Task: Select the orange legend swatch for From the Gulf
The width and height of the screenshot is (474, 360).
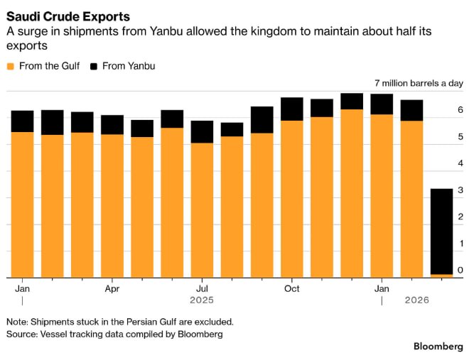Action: click(10, 67)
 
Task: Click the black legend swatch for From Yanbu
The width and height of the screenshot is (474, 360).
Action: click(94, 67)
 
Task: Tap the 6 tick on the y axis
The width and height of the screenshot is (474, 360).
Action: click(460, 111)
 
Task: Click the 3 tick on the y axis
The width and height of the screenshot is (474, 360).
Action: click(460, 190)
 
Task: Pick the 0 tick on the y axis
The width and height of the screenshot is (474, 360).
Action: click(460, 271)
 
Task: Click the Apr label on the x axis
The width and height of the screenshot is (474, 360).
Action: click(112, 289)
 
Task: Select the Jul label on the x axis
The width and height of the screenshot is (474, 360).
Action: click(202, 289)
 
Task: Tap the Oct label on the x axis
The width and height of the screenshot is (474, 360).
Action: click(291, 289)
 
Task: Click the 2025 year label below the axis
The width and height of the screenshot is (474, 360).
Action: click(202, 300)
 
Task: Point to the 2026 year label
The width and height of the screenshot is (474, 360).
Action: click(416, 300)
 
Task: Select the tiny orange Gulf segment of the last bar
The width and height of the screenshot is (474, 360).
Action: click(441, 275)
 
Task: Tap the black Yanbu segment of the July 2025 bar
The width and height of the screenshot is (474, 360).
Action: click(202, 132)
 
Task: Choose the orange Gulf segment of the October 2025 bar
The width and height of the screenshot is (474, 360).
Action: click(291, 199)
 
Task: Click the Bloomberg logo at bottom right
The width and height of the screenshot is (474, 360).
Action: click(438, 346)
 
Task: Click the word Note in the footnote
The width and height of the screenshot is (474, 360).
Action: click(18, 321)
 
